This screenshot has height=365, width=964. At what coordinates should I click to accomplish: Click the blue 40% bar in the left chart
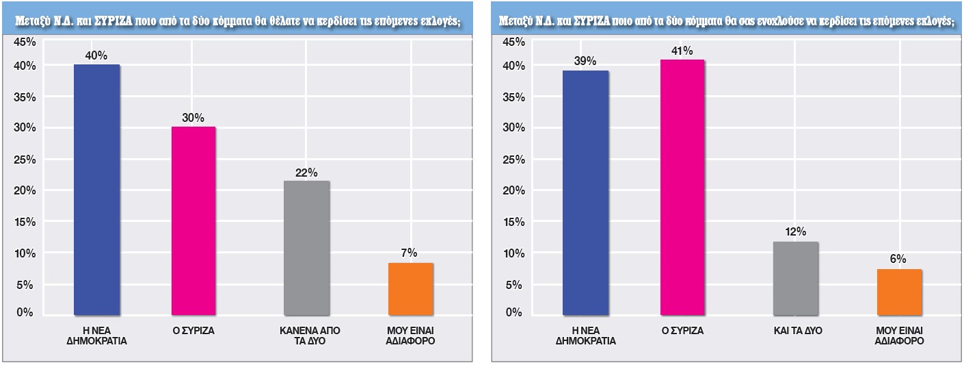96,190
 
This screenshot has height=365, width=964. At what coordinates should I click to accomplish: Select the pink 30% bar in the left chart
193,221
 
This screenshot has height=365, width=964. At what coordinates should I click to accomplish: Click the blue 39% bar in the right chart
585,193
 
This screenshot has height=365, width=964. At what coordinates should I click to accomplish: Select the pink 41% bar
682,188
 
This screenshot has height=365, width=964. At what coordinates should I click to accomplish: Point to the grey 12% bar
795,278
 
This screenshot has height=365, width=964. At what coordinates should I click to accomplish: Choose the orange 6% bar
900,292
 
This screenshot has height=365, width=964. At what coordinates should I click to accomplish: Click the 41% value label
682,51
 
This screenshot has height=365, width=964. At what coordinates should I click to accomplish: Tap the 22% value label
306,173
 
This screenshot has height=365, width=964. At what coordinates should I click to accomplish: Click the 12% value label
795,233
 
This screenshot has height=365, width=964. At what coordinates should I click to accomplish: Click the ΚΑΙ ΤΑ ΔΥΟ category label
795,330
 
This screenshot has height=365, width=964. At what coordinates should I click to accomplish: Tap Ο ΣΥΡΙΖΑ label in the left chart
193,330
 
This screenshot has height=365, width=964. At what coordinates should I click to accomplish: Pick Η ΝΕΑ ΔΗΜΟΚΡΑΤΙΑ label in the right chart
585,335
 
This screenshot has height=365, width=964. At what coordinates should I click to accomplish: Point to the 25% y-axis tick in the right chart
513,160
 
